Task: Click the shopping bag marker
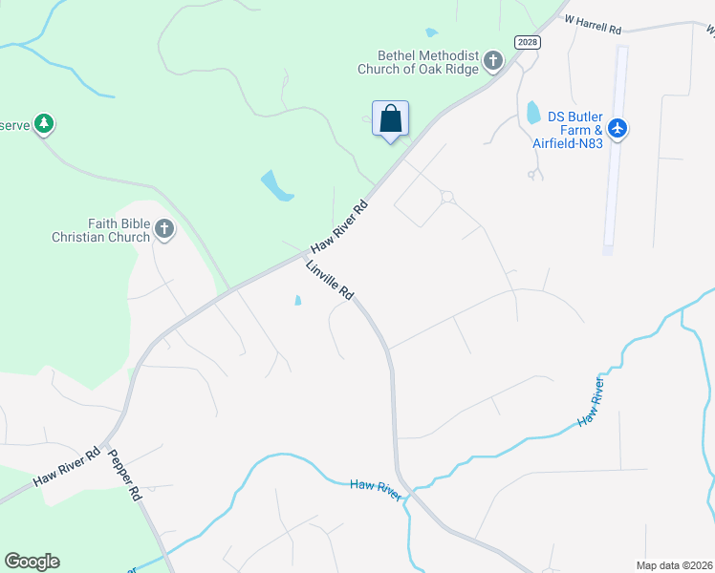390,119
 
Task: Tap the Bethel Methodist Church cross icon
493,62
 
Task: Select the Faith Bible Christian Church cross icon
164,228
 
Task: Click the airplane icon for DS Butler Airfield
617,127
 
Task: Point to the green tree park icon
43,123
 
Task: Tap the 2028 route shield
527,41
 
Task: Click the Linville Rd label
330,280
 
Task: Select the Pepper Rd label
124,476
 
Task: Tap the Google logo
32,562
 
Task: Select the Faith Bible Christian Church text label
101,230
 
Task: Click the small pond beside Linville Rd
297,301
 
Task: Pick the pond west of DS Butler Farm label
532,112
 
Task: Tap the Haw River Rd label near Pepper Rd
67,468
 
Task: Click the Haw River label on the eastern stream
591,403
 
